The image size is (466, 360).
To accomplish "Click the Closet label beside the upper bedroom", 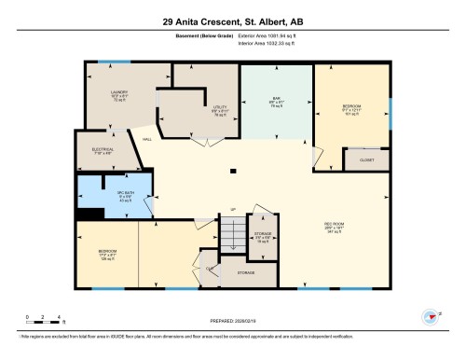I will point(367,160).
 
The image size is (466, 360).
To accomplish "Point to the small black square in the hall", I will point(232,169).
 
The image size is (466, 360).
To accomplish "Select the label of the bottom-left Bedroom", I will point(107,252).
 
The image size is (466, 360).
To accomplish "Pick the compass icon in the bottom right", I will point(432,317).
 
